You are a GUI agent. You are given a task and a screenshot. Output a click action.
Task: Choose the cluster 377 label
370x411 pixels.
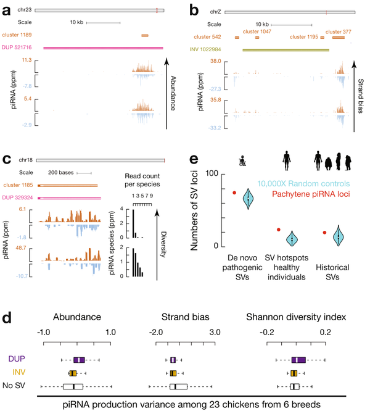[338, 30]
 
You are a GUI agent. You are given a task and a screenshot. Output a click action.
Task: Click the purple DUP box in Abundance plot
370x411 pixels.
[79, 360]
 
